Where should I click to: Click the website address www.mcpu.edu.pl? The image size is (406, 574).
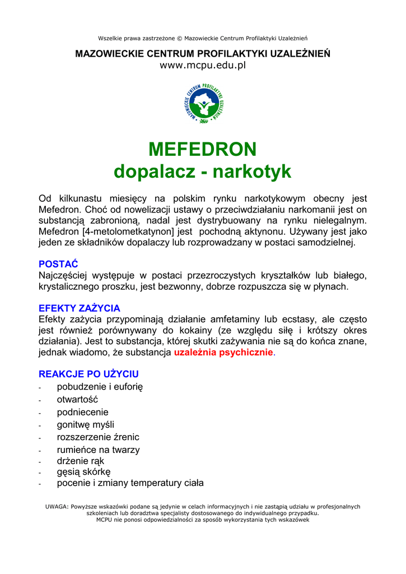pos(203,65)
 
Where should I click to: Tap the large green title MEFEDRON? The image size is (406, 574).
pos(203,150)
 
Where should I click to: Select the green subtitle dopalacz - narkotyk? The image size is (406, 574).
pos(203,172)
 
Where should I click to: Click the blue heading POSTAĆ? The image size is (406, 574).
pos(58,264)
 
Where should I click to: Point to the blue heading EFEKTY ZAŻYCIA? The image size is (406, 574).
pos(79,308)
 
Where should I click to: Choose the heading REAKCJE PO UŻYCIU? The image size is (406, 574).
pos(88,374)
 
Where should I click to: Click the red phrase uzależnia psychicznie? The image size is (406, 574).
pos(223,353)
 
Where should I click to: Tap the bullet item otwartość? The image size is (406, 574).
pos(77,400)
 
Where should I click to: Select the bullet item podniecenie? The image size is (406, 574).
pos(82,412)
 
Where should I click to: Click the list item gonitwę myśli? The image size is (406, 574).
pos(85,424)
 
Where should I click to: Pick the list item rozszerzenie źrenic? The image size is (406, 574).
pos(98,437)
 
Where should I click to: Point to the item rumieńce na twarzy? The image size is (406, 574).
pos(98,450)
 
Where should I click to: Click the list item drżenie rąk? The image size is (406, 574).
pos(81,461)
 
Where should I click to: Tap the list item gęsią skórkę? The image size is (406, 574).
pos(83,472)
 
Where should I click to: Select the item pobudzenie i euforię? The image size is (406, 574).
pos(100,387)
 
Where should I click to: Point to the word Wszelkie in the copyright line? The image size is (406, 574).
pos(110,38)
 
